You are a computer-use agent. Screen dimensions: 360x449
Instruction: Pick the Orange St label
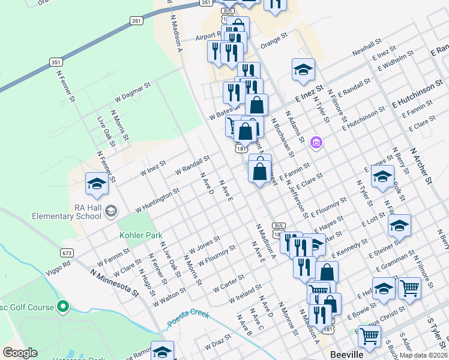pyautogui.click(x=275, y=43)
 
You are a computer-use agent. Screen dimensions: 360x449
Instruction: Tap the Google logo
pyautogui.click(x=20, y=353)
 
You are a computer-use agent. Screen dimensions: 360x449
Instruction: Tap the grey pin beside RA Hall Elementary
pyautogui.click(x=111, y=211)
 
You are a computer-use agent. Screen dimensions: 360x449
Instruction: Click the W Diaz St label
pyautogui.click(x=218, y=343)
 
